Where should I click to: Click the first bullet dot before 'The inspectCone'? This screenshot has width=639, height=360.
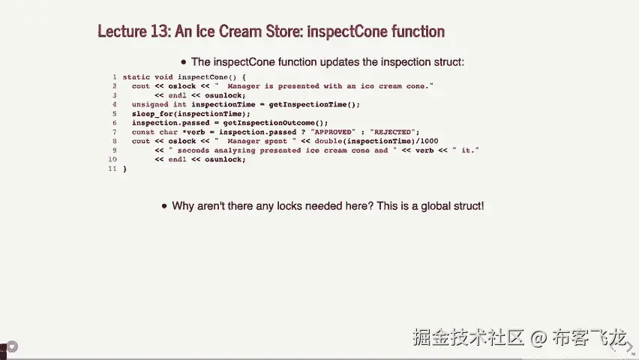coord(184,62)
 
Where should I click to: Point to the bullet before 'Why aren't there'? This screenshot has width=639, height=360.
coord(164,206)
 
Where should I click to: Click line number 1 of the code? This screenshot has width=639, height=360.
coord(115,77)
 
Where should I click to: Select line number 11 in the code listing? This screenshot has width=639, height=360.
coord(112,169)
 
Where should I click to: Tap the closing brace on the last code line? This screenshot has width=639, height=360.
coord(124,169)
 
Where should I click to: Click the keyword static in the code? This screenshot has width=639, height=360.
coord(136,77)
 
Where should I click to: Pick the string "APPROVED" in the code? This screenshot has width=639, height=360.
coord(332,132)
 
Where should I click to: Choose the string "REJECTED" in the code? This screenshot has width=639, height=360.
coord(392,132)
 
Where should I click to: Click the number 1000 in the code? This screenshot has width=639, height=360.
coord(429,141)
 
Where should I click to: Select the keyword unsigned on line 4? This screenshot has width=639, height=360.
coord(150,104)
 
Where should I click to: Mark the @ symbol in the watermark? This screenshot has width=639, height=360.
coord(538,337)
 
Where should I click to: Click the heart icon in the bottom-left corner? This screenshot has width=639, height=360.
coord(12,347)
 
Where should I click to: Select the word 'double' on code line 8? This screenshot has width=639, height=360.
coord(328,141)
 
